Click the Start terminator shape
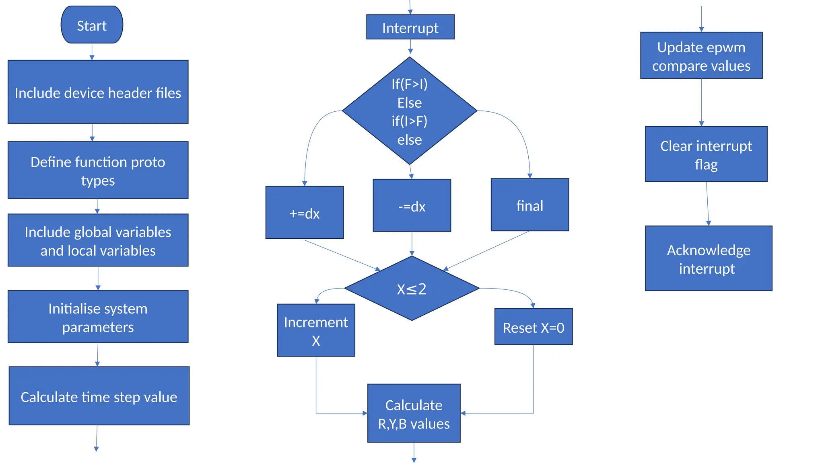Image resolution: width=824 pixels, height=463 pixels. tap(92, 25)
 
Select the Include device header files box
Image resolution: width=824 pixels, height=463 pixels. tap(98, 92)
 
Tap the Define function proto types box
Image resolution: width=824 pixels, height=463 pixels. tap(98, 170)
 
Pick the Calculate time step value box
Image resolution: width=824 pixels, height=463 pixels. tap(99, 396)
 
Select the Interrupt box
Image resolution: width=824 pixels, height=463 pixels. tap(410, 27)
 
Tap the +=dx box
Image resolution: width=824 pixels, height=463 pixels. tap(305, 213)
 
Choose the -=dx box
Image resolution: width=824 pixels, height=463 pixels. tap(412, 205)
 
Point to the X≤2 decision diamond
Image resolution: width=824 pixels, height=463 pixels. tap(412, 289)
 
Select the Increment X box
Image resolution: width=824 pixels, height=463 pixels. tap(316, 330)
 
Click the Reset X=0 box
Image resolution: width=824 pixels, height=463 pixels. tap(533, 327)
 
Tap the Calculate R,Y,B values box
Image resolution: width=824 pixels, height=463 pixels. tap(414, 414)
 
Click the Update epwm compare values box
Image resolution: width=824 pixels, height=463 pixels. tap(701, 55)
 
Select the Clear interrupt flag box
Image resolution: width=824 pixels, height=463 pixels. tap(706, 154)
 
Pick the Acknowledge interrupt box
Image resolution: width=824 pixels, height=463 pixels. tap(708, 258)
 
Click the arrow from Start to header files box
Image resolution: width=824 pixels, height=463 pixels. tap(92, 52)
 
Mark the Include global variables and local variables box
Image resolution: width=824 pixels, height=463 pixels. tap(98, 240)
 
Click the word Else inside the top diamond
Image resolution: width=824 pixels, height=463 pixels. tap(410, 103)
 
